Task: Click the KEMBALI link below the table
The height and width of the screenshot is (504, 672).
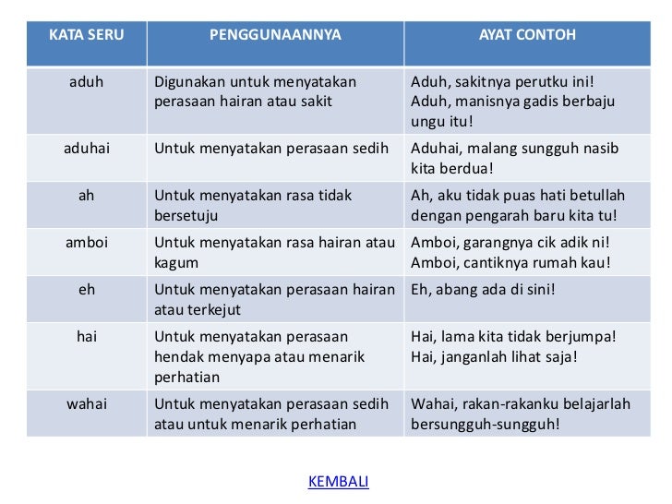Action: click(x=338, y=481)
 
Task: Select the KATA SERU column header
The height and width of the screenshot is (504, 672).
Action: click(x=86, y=35)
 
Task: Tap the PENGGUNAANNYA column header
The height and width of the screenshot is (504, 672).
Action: click(x=275, y=35)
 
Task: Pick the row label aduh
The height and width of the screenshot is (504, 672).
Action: click(x=86, y=81)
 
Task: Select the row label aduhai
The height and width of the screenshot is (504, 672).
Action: click(x=86, y=148)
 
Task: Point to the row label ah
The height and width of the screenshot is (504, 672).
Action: click(x=86, y=196)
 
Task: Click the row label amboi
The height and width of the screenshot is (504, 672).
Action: click(x=86, y=243)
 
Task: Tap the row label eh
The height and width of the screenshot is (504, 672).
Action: click(x=86, y=289)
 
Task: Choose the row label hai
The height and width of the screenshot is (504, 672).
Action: click(x=86, y=337)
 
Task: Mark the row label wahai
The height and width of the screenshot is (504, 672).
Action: click(x=86, y=403)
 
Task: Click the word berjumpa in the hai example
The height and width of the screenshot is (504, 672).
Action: click(x=580, y=337)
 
